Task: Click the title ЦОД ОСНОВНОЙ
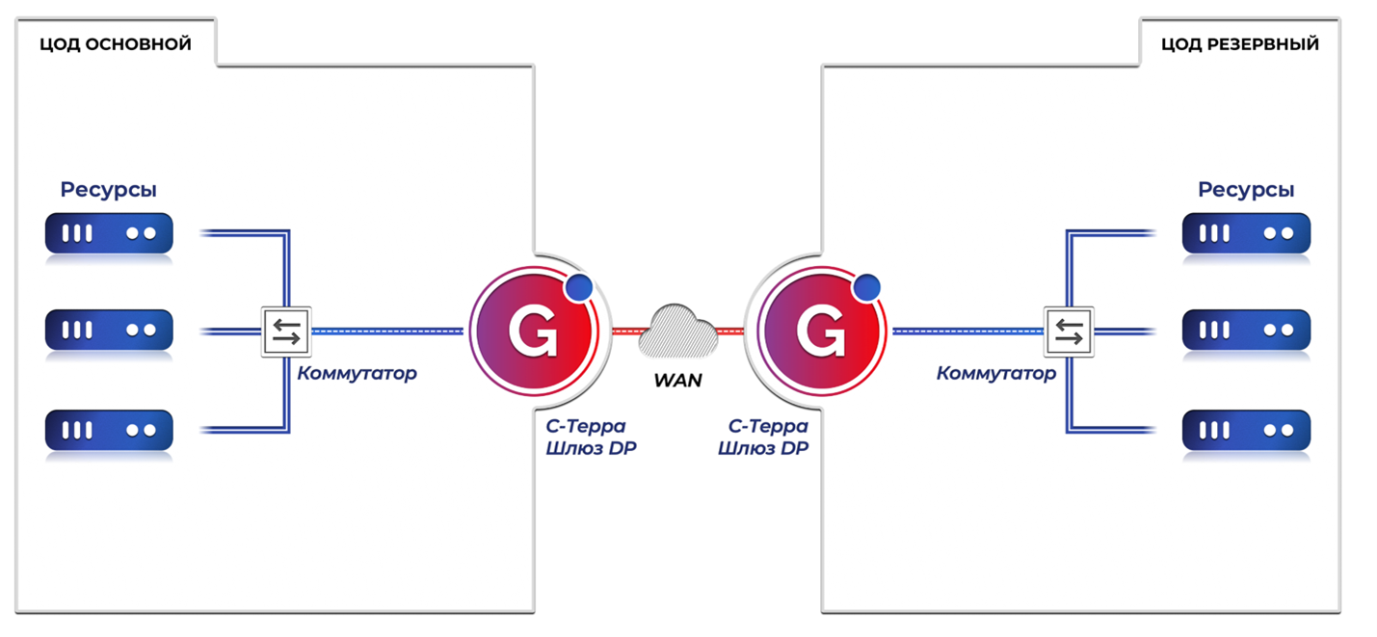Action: (116, 44)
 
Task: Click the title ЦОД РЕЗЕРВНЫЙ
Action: (1240, 44)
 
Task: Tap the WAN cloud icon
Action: (678, 332)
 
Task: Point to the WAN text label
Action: (677, 381)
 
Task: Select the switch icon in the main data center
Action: (286, 332)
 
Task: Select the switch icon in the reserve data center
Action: (1069, 332)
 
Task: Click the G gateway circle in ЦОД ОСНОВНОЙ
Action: (534, 332)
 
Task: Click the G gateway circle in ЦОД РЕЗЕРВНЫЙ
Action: (821, 332)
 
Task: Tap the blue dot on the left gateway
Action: (578, 288)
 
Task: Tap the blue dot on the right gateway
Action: (866, 288)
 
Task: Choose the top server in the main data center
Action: (109, 233)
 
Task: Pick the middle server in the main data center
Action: (109, 331)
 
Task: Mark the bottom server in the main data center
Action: (109, 431)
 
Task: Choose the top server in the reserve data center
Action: (1246, 233)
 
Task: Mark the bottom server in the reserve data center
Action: (1246, 431)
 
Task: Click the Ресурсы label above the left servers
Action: (109, 190)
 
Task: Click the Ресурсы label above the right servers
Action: (1246, 190)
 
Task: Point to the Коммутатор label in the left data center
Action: (357, 373)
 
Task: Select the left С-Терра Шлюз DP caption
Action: (591, 438)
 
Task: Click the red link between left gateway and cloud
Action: (626, 332)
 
